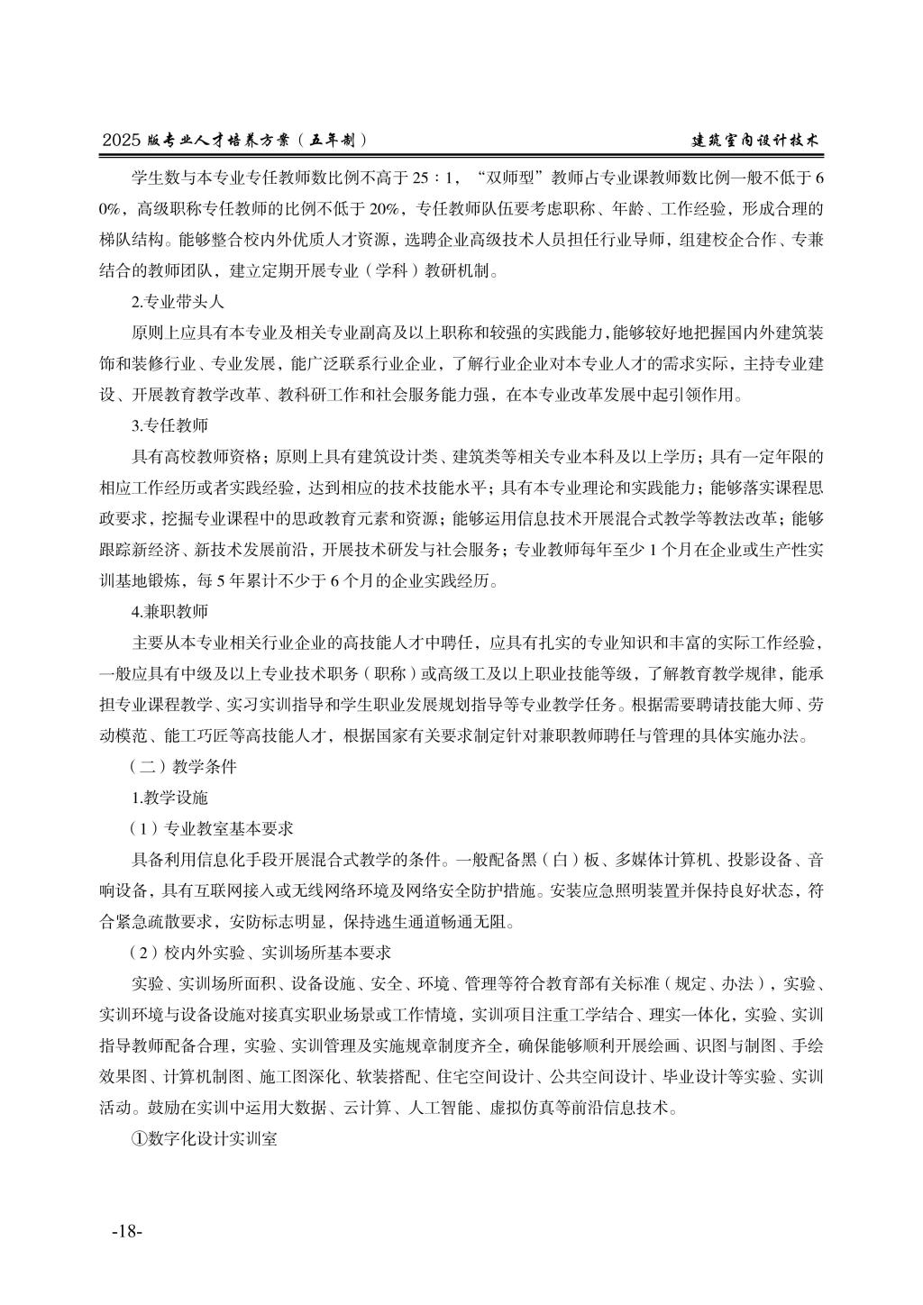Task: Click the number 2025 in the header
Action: point(123,141)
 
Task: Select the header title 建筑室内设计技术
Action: point(754,141)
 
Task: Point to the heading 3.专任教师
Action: point(169,424)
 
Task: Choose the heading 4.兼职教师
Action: point(169,612)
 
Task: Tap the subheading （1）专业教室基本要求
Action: point(212,828)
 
